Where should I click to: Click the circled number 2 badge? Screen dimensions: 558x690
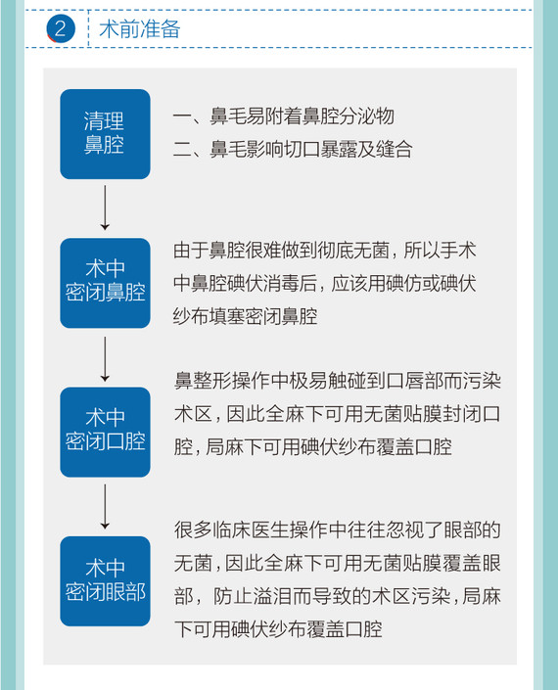(x=61, y=28)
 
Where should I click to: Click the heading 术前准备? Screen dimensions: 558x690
(x=139, y=29)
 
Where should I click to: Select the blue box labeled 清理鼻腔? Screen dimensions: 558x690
(x=105, y=134)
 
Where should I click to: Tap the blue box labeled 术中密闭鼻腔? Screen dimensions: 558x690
(x=105, y=283)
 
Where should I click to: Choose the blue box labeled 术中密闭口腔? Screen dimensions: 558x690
(x=105, y=433)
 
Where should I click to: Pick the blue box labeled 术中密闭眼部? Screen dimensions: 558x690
(x=105, y=581)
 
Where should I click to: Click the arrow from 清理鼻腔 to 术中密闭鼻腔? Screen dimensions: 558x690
(x=105, y=207)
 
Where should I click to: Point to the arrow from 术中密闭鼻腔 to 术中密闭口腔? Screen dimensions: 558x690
(x=105, y=359)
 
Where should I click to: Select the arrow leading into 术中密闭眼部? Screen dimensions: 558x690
(x=105, y=507)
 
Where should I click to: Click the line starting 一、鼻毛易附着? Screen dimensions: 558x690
(x=284, y=116)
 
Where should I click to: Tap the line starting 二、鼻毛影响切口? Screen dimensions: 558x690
(x=293, y=150)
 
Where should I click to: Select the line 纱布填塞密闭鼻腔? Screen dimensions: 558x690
(x=245, y=316)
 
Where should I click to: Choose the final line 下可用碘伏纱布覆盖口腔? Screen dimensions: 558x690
(x=278, y=629)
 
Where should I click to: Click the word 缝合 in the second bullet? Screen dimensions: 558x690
(x=395, y=150)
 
